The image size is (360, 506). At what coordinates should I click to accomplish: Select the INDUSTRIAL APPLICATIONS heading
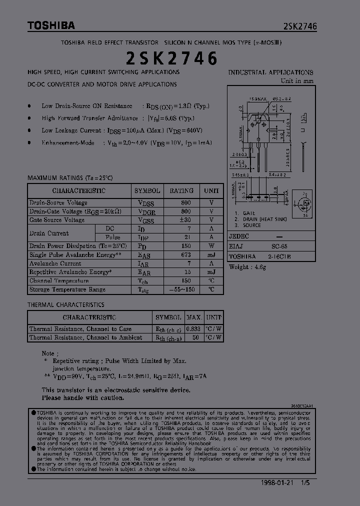[270, 72]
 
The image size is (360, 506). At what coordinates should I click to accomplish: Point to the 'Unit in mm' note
[297, 80]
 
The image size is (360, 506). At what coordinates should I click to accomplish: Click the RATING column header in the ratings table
[181, 191]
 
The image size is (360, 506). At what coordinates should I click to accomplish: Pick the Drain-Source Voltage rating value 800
[185, 203]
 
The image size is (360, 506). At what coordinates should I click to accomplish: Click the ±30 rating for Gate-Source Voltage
[185, 220]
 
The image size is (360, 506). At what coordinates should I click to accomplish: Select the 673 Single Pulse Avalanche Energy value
[185, 255]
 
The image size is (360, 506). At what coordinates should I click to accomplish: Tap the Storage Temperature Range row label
[67, 289]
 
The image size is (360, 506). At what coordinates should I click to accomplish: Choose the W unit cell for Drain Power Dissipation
[211, 246]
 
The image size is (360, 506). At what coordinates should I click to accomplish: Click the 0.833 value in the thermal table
[193, 329]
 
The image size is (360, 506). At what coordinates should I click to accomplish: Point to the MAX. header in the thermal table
[194, 317]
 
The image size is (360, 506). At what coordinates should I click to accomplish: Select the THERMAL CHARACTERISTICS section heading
[65, 304]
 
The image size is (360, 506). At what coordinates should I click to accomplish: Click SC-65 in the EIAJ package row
[279, 246]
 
